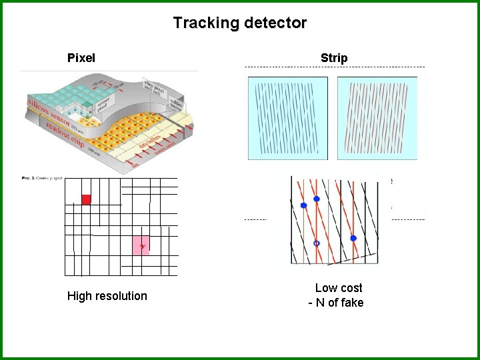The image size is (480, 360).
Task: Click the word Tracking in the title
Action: (x=206, y=23)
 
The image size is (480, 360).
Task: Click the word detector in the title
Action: (x=275, y=23)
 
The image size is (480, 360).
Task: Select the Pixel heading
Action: (x=81, y=58)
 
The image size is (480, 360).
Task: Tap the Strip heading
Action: (x=334, y=58)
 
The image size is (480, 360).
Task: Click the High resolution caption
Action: (x=107, y=296)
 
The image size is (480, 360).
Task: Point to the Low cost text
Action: (x=339, y=288)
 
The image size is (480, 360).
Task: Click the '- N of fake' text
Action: (x=336, y=303)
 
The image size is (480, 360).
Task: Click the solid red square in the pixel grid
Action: (x=86, y=199)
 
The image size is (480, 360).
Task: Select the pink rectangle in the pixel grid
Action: (x=141, y=245)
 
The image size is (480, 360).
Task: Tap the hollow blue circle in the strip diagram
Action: (x=317, y=243)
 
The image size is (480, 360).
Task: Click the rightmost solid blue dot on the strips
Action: (x=353, y=238)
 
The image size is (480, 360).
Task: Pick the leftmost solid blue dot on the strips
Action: (x=304, y=205)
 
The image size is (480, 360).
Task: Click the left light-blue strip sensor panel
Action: (x=288, y=118)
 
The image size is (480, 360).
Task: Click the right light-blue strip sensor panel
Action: (x=377, y=118)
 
